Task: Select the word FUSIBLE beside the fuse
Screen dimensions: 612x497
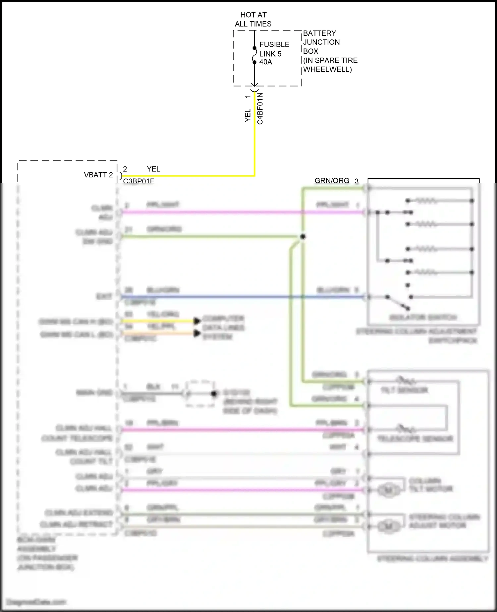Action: tap(274, 44)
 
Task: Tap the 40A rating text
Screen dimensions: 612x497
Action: tap(266, 62)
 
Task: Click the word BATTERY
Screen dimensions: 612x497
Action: tap(319, 33)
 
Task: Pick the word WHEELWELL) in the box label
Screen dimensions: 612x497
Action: tap(327, 69)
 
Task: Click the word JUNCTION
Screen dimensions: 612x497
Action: tap(321, 42)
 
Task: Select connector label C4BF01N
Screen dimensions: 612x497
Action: tap(260, 108)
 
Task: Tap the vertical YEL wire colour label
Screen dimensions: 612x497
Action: tap(248, 115)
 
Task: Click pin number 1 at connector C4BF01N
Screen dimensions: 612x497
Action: tap(248, 96)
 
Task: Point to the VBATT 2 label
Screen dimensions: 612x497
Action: tap(98, 175)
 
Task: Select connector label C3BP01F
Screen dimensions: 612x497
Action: tap(138, 181)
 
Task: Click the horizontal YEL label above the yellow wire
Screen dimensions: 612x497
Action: tap(153, 169)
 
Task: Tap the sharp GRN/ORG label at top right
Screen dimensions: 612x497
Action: tap(332, 181)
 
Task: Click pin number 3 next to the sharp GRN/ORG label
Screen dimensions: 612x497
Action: tap(357, 181)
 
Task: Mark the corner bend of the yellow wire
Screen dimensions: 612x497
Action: tap(254, 176)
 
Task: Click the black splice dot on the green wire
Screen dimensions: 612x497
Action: tap(302, 237)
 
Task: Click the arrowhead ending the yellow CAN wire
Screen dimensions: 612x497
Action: tap(197, 321)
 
